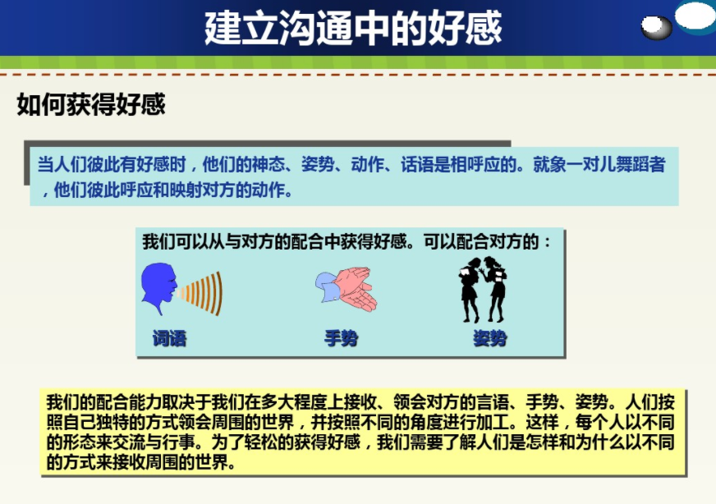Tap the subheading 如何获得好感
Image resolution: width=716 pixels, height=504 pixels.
click(x=91, y=105)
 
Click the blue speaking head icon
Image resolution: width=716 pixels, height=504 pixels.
click(x=158, y=289)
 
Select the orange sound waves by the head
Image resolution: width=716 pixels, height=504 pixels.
click(x=202, y=291)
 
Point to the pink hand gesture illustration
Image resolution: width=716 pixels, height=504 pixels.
click(x=347, y=288)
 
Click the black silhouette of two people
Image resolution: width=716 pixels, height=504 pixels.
click(x=482, y=289)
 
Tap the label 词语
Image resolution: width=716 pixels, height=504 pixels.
click(x=169, y=337)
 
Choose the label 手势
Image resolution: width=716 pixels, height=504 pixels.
click(x=341, y=337)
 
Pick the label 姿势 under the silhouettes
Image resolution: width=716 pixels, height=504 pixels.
click(x=489, y=337)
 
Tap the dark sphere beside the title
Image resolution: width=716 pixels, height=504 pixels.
click(x=656, y=28)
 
